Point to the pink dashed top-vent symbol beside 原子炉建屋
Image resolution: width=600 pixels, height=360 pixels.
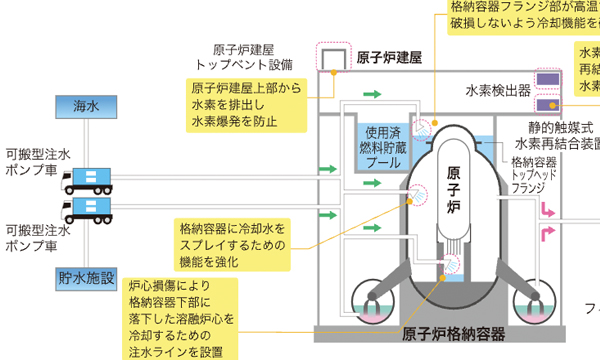[x=330, y=57]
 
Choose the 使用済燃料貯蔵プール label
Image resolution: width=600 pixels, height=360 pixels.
[x=381, y=146]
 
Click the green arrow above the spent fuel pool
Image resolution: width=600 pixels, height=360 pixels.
[x=372, y=93]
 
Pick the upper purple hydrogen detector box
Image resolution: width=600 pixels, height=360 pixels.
[x=547, y=79]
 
